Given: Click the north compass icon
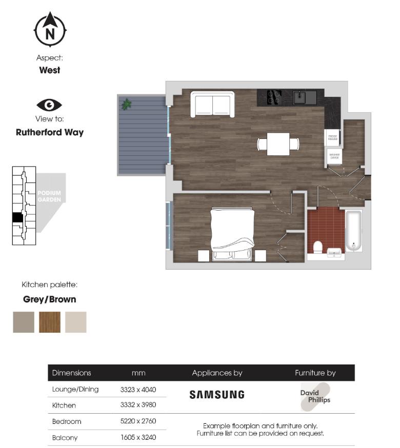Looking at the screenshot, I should pos(50,29).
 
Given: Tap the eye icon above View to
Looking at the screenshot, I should pos(49,105).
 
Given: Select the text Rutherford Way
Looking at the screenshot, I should pos(50,132).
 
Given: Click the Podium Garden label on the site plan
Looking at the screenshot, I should pos(49,196).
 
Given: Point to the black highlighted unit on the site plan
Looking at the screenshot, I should pos(17,217).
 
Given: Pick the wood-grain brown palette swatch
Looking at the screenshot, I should pos(50,322).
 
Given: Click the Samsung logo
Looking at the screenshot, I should pos(217,395).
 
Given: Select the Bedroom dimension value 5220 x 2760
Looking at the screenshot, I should pos(138,421).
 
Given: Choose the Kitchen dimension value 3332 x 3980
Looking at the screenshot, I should pos(138,405).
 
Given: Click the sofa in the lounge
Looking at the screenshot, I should pos(212,104).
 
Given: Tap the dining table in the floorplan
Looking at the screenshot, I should pos(278,144).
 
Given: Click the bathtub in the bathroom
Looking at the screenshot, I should pos(353,231).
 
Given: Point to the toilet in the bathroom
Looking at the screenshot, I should pos(317,248).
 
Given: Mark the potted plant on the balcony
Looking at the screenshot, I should pos(126,104).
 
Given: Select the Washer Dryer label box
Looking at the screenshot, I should pos(333,156).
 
